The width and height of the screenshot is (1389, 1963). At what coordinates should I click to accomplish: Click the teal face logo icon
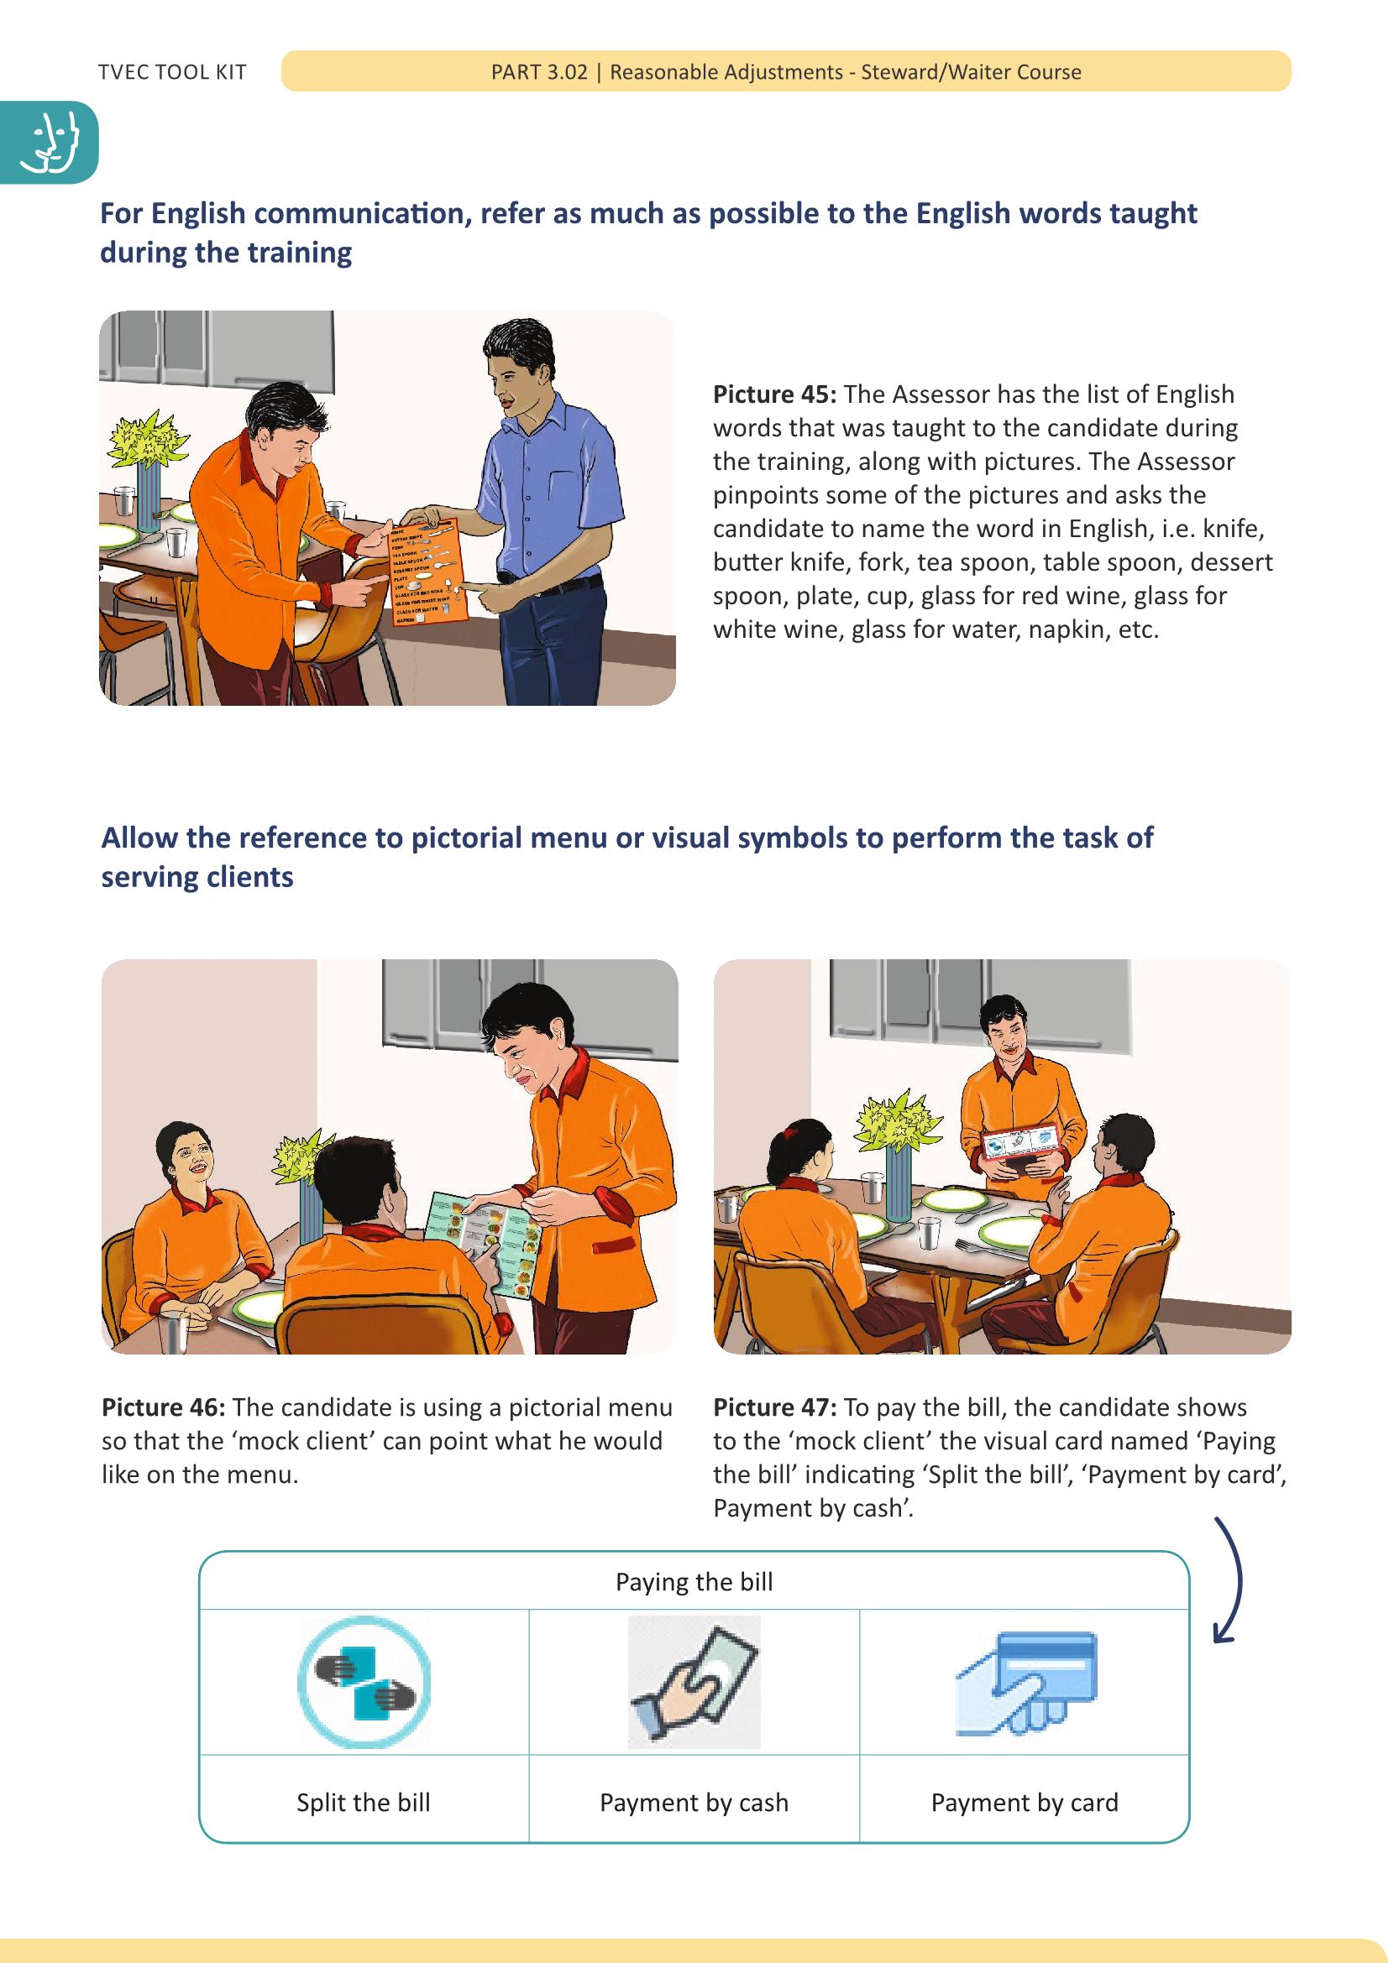tap(50, 143)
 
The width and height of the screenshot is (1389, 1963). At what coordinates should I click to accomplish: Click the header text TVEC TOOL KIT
tap(172, 72)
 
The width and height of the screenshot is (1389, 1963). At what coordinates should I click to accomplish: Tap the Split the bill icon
tap(364, 1682)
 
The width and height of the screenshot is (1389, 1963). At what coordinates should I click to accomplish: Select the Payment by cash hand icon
tap(694, 1682)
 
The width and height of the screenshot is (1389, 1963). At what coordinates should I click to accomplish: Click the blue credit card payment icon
tap(1026, 1682)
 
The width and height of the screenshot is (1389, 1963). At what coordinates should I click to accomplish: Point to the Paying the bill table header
tap(694, 1582)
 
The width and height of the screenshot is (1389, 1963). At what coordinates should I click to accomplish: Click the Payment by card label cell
tap(1024, 1802)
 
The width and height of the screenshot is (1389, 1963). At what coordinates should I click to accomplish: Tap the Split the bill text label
tap(364, 1802)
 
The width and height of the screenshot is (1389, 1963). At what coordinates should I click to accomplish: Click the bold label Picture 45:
tap(774, 394)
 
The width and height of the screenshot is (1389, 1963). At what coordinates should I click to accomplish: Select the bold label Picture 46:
tap(163, 1407)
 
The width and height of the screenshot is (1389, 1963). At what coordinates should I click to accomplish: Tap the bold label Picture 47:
tap(774, 1407)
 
